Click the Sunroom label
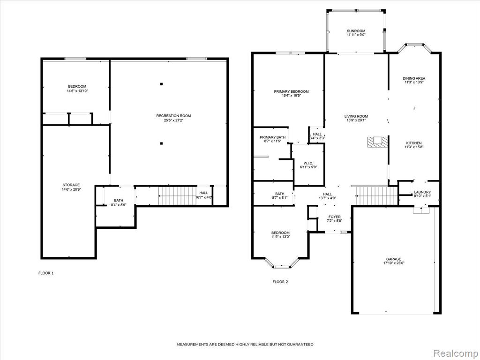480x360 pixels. [356, 31]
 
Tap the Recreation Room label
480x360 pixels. [173, 116]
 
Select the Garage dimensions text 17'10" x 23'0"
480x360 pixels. [394, 263]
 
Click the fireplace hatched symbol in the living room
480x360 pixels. [378, 142]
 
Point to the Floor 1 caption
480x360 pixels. [46, 273]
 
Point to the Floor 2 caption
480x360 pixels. [280, 282]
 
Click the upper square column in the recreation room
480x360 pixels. [161, 84]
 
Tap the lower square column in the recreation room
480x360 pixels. [161, 143]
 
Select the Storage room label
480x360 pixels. [71, 185]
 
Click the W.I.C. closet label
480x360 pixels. [308, 163]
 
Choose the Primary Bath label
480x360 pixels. [273, 137]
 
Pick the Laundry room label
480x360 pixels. [422, 192]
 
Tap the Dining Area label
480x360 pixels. [414, 78]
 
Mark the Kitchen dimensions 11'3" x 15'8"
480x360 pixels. [414, 147]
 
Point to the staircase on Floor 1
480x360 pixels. [178, 195]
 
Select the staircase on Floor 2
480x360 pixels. [376, 195]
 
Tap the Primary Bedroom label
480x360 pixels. [291, 91]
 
